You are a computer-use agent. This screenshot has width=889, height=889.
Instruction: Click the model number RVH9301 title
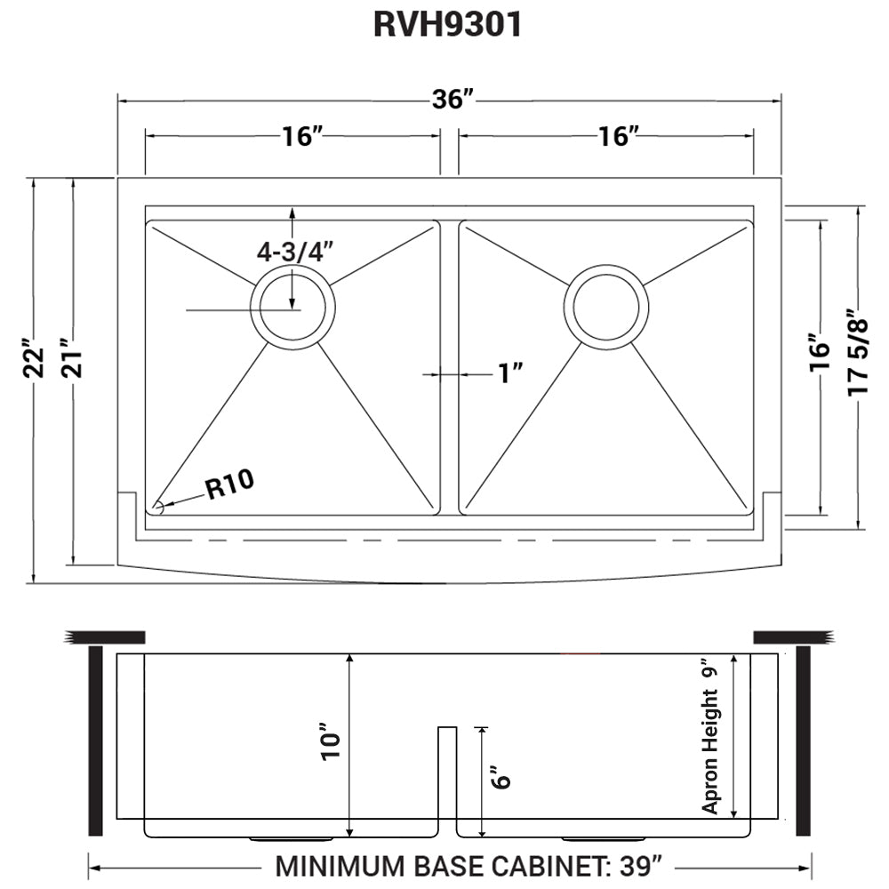point(446,25)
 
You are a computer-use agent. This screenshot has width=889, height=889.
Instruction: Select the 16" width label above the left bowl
point(301,136)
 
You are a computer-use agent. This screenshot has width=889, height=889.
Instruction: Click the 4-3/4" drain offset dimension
point(294,252)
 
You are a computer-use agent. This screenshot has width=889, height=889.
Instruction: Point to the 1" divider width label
point(510,374)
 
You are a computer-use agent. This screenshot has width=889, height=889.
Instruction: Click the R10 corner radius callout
point(229,485)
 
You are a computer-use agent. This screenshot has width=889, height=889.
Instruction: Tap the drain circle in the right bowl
point(605,307)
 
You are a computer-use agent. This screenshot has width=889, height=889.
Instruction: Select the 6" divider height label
point(501,778)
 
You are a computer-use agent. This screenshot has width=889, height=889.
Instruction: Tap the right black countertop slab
point(790,637)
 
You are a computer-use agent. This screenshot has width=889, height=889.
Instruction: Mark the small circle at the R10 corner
point(158,508)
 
